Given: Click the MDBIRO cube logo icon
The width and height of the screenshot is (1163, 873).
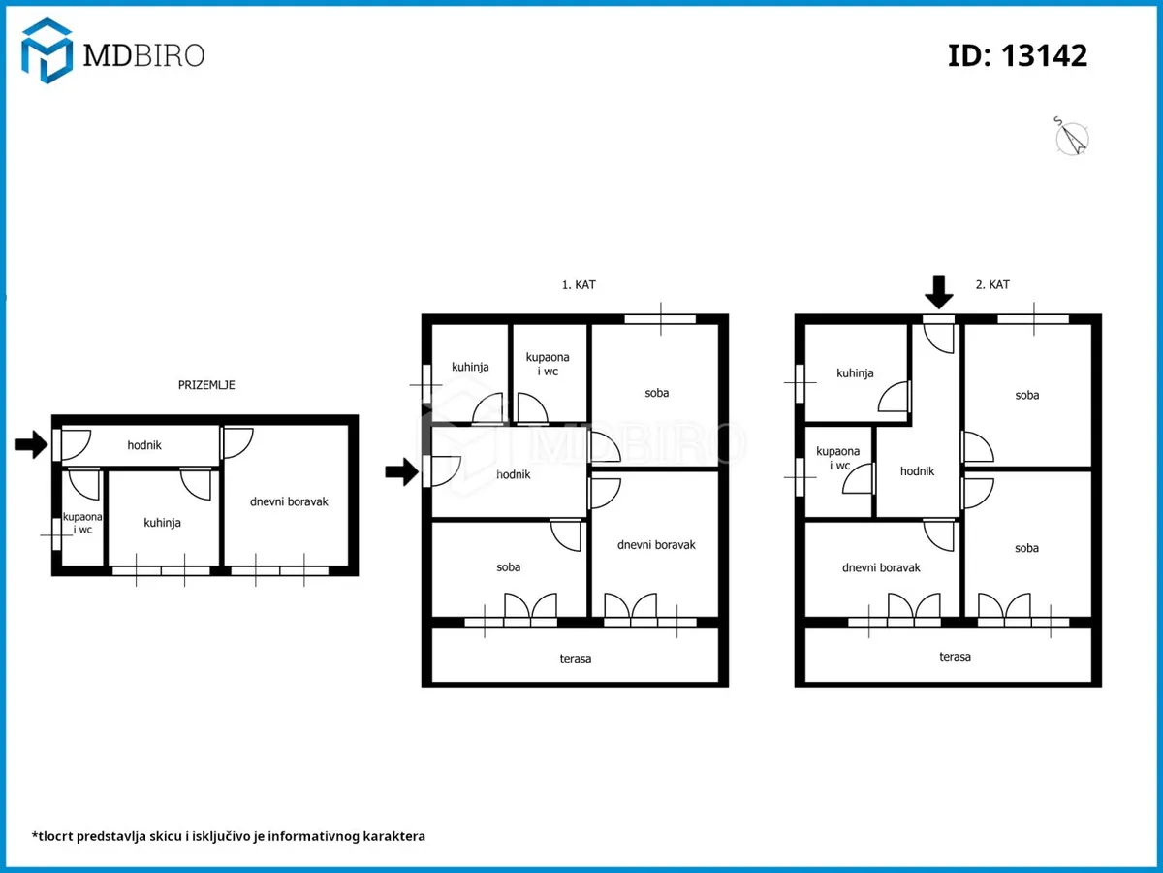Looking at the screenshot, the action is click(47, 50).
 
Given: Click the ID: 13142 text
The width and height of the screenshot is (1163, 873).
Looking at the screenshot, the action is click(1018, 55).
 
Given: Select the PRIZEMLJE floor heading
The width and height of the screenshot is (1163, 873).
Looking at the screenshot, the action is click(206, 385).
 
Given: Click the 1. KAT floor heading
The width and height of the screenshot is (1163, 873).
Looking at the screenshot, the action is click(579, 284).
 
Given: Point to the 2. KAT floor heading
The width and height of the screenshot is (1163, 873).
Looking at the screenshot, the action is click(992, 284).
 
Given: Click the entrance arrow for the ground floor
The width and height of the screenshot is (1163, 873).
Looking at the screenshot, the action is click(31, 443).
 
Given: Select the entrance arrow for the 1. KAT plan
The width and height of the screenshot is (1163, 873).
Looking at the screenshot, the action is click(401, 471).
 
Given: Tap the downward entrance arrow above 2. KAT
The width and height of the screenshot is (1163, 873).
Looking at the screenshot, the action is click(939, 292).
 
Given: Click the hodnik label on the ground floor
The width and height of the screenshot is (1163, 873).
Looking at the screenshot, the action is click(144, 445).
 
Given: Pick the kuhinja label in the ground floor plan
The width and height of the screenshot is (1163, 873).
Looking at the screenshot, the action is click(162, 523).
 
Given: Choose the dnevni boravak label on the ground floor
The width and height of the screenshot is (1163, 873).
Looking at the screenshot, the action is click(289, 501).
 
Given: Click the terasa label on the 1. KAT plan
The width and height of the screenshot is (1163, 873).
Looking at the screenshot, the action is click(576, 659).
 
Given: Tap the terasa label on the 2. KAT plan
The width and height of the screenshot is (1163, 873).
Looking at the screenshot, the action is click(955, 657).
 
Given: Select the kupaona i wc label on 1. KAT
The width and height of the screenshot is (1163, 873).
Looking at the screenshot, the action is click(548, 364).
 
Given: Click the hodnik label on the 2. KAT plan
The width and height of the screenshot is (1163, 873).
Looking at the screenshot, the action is click(917, 471).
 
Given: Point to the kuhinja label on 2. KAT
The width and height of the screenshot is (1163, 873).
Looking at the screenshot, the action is click(855, 373).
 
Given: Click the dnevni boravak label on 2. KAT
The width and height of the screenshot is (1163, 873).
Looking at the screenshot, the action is click(881, 567).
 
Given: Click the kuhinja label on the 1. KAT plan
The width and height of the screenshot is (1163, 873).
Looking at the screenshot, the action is click(470, 367).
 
